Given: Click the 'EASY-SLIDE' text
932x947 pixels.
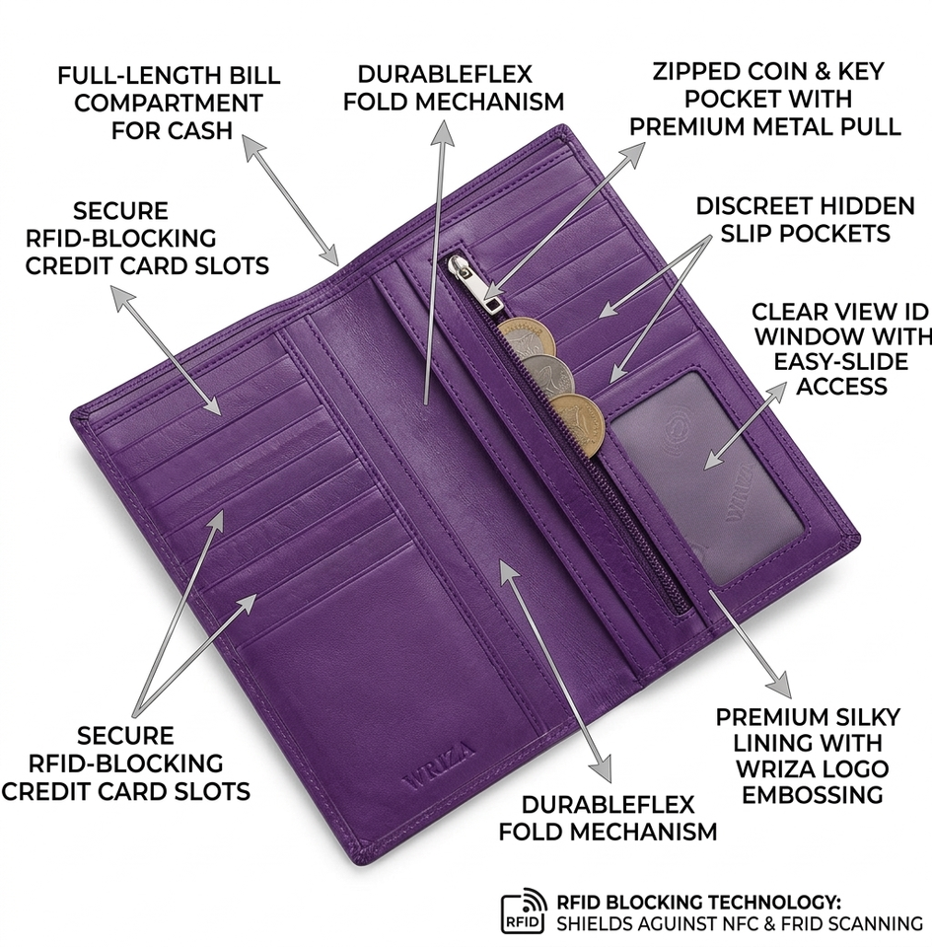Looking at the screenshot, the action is (x=842, y=361).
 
